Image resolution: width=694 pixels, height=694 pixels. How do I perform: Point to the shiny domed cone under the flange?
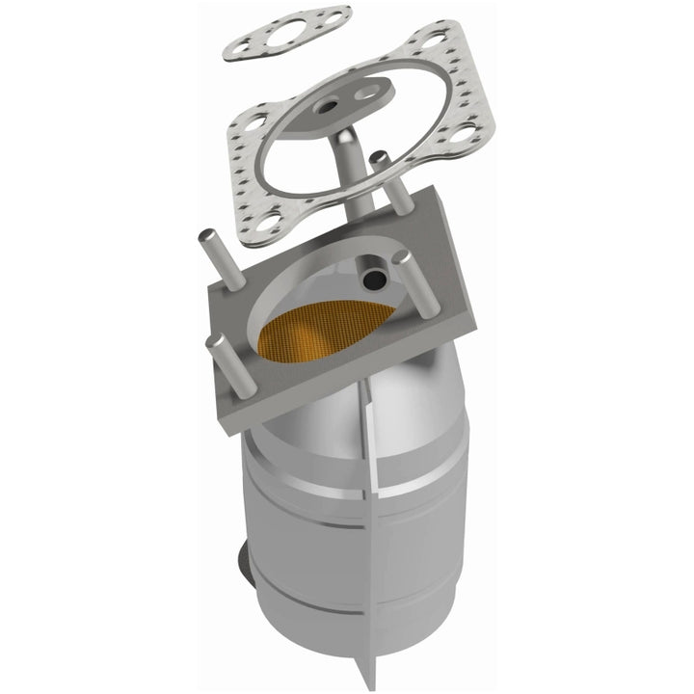pos(328,405)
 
